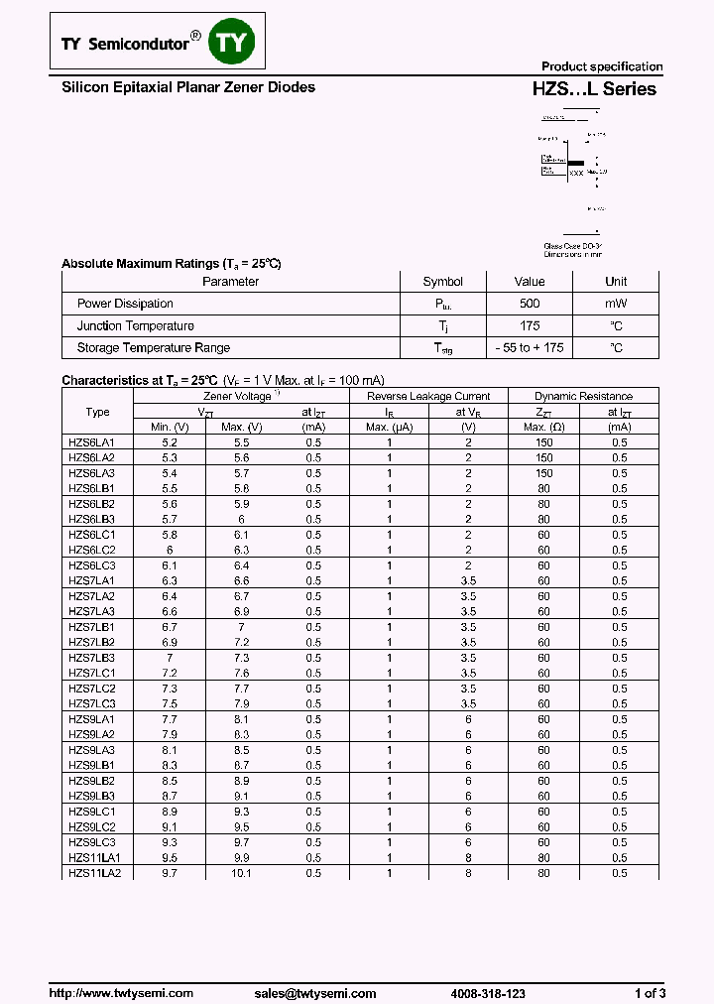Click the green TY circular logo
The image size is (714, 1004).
pyautogui.click(x=235, y=42)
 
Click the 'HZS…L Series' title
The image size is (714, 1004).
pyautogui.click(x=594, y=89)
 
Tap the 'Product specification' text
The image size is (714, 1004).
pyautogui.click(x=601, y=66)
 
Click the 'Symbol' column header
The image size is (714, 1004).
pyautogui.click(x=442, y=282)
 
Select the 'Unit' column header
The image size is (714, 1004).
pyautogui.click(x=616, y=282)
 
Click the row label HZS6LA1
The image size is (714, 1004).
pyautogui.click(x=91, y=442)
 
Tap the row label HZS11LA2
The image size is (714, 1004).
pyautogui.click(x=94, y=873)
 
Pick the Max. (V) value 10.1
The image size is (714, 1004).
pyautogui.click(x=241, y=873)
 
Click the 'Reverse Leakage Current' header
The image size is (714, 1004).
pyautogui.click(x=429, y=396)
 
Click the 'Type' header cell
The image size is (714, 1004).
pyautogui.click(x=97, y=412)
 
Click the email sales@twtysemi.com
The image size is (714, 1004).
pyautogui.click(x=314, y=993)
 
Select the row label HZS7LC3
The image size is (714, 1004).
pyautogui.click(x=91, y=703)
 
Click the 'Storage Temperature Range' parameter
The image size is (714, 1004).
pyautogui.click(x=153, y=347)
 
